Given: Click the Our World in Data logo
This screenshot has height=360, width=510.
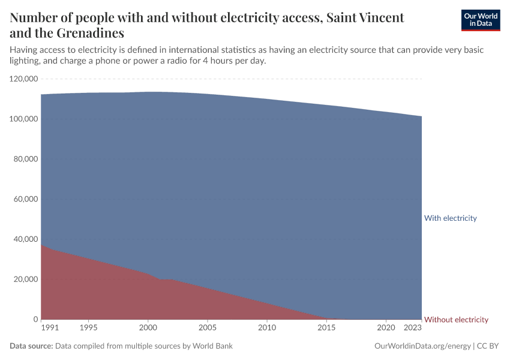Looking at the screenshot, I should [x=480, y=20].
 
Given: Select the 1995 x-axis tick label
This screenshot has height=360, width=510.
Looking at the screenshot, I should [x=89, y=328].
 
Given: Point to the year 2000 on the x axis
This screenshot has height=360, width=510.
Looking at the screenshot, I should [x=148, y=328].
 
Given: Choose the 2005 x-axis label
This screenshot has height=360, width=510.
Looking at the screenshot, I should [x=207, y=328].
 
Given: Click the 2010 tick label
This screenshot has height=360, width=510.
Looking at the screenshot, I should [x=266, y=328].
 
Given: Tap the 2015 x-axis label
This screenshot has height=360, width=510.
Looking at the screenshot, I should [x=326, y=328].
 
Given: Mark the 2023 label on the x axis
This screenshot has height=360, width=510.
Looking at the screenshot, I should [x=413, y=328].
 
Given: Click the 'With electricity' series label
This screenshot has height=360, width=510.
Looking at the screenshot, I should [x=450, y=218].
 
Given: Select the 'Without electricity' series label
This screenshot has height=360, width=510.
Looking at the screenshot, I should [x=456, y=320].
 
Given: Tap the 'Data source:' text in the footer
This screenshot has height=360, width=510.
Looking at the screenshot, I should [x=32, y=346].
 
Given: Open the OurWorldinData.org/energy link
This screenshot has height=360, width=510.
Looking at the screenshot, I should [x=422, y=346].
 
